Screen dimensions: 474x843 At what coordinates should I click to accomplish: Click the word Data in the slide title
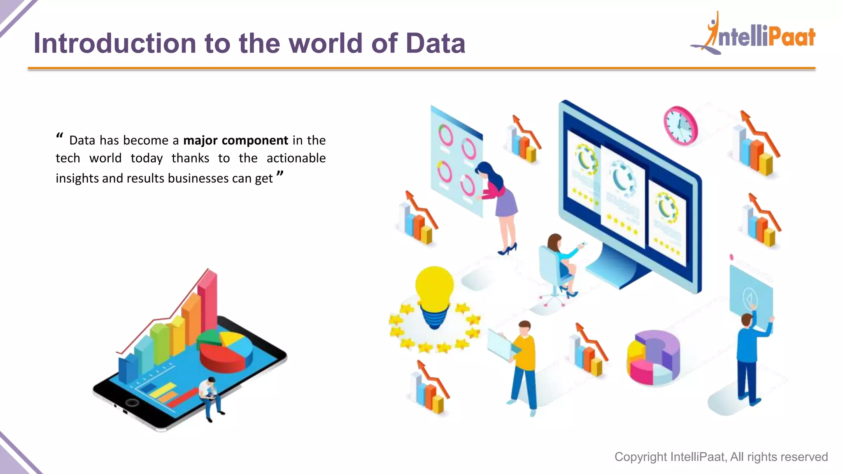pyautogui.click(x=435, y=44)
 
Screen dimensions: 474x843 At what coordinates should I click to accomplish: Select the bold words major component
pyautogui.click(x=235, y=141)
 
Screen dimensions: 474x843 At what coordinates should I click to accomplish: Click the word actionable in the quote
pyautogui.click(x=296, y=158)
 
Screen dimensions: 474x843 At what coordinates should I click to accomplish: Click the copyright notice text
pyautogui.click(x=721, y=457)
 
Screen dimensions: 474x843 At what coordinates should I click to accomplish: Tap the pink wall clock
pyautogui.click(x=680, y=125)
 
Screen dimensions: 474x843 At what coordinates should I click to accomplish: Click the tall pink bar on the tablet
pyautogui.click(x=208, y=300)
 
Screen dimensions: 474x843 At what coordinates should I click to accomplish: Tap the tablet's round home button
pyautogui.click(x=132, y=402)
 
